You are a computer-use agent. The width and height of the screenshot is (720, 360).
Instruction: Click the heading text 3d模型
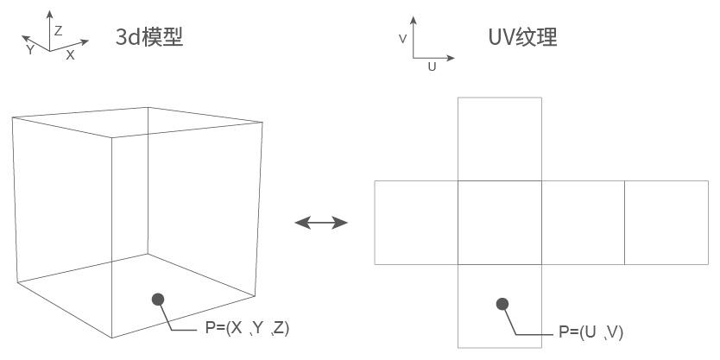(149, 36)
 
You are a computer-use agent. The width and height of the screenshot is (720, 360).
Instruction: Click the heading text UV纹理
(522, 36)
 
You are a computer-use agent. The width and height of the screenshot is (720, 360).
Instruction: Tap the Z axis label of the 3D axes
(59, 30)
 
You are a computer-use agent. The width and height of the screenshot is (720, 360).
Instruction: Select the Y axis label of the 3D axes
(30, 50)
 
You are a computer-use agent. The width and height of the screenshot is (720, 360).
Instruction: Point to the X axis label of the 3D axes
(71, 54)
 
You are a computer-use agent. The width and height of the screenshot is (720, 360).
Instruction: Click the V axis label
(402, 39)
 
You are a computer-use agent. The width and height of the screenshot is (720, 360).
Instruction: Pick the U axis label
(432, 67)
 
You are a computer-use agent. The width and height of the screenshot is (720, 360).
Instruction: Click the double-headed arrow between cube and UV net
(321, 223)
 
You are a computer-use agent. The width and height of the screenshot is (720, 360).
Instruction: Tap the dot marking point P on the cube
(158, 300)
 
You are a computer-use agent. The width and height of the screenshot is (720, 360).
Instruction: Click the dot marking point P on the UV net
(502, 304)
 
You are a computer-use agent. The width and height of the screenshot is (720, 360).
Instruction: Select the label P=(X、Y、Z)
(247, 328)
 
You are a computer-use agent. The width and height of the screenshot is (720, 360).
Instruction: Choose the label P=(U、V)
(591, 332)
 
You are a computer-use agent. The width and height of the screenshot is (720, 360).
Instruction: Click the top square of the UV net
(500, 138)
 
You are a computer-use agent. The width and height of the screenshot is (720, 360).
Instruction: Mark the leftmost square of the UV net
(416, 222)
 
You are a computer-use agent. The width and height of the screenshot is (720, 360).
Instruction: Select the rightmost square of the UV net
(666, 222)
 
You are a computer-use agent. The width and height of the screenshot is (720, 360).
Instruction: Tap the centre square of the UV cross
(500, 222)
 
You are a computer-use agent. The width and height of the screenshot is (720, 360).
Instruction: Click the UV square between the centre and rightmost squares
(583, 222)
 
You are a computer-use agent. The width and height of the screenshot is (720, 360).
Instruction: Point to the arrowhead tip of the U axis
(453, 59)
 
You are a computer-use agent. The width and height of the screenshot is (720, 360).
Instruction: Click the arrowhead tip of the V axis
(415, 16)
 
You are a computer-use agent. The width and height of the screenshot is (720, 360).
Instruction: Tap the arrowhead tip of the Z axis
(50, 11)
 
